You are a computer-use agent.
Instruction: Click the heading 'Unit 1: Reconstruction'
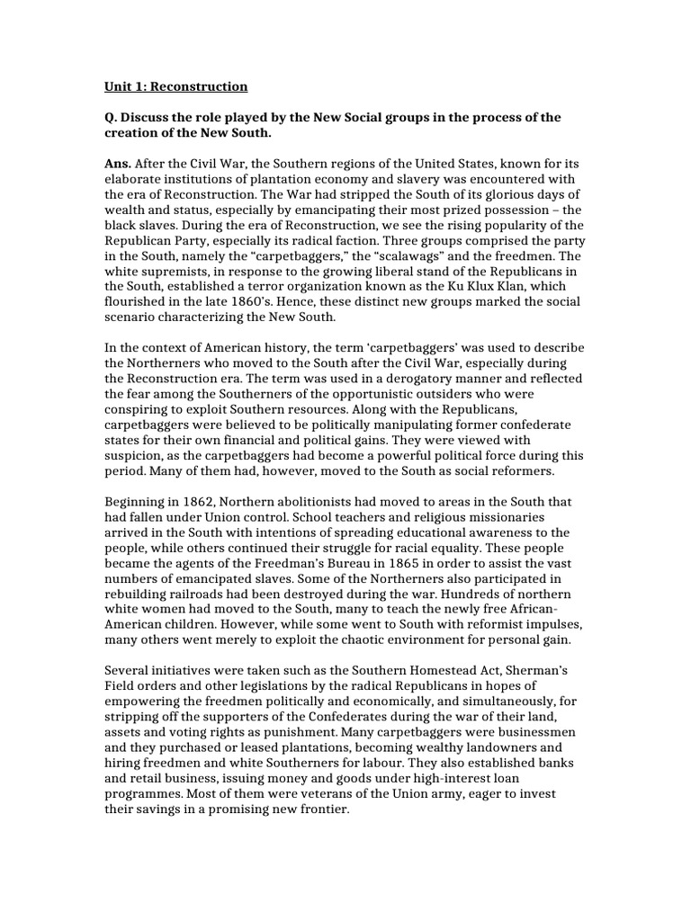point(175,87)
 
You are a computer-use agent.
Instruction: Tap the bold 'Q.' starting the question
point(112,118)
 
